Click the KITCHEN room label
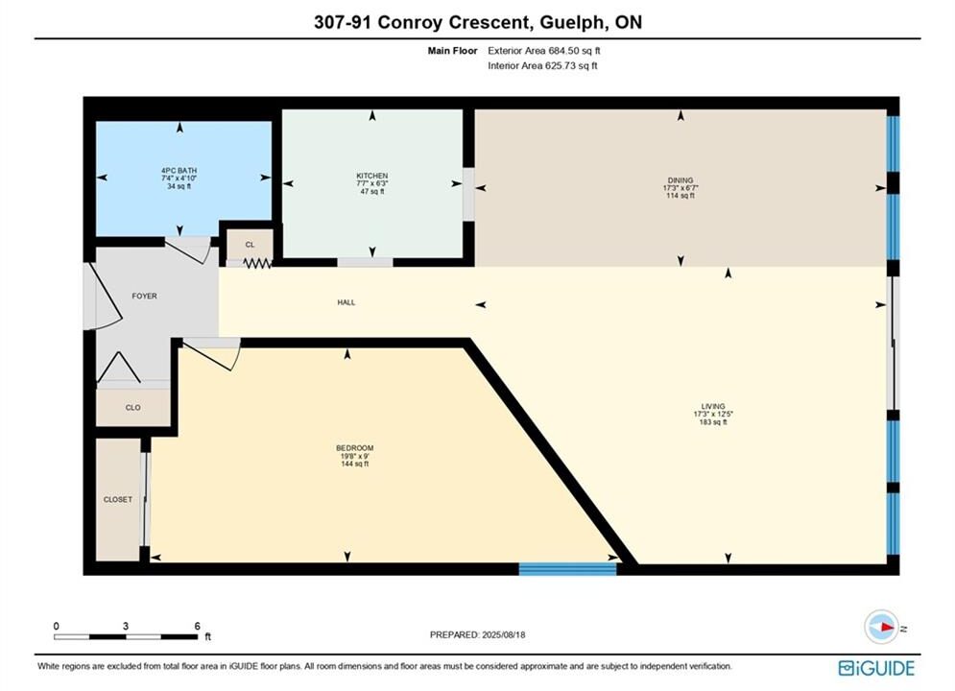(x=372, y=176)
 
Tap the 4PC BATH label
(x=179, y=171)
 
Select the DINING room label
(x=680, y=180)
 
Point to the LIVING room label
(x=712, y=406)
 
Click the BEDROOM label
(x=354, y=448)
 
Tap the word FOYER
(x=144, y=296)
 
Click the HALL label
(x=346, y=302)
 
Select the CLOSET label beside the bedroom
(x=117, y=499)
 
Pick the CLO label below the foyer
(x=132, y=408)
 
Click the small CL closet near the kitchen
(x=250, y=245)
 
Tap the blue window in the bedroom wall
(x=567, y=569)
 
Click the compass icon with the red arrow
(x=881, y=627)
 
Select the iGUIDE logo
(x=876, y=668)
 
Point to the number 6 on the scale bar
(x=198, y=626)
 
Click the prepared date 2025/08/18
(x=503, y=634)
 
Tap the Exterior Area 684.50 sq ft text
(x=544, y=51)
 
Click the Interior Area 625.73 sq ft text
(x=542, y=66)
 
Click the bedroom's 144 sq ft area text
(x=354, y=464)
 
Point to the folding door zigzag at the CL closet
(x=257, y=263)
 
